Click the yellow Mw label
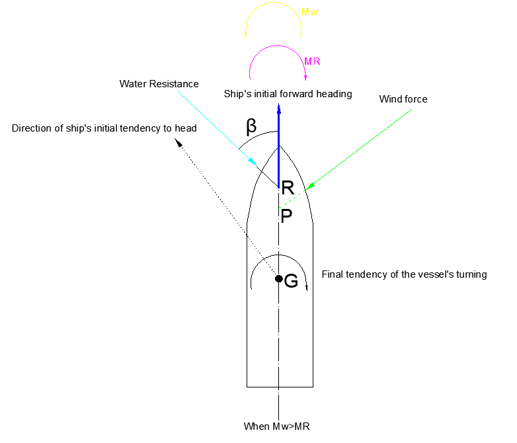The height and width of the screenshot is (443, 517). coord(309,12)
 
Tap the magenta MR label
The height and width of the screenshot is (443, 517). coord(312,61)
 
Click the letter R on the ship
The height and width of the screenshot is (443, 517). coord(288,188)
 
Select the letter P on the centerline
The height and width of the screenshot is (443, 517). coord(286,216)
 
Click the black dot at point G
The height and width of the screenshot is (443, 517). coord(279,279)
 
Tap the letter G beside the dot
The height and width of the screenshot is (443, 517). coord(291,281)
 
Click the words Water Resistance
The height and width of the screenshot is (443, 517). coord(159,84)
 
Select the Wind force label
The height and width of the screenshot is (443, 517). coord(403,99)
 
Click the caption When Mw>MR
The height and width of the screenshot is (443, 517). coord(276,426)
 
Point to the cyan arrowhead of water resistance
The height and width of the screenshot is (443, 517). coord(253,161)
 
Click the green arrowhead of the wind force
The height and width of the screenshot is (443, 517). coord(310,186)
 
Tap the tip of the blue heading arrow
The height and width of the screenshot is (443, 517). coord(279,104)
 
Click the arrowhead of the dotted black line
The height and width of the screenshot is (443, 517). coord(178,143)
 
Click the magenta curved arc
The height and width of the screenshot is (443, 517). coord(278,46)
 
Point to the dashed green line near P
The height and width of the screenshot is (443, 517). coord(292,200)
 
